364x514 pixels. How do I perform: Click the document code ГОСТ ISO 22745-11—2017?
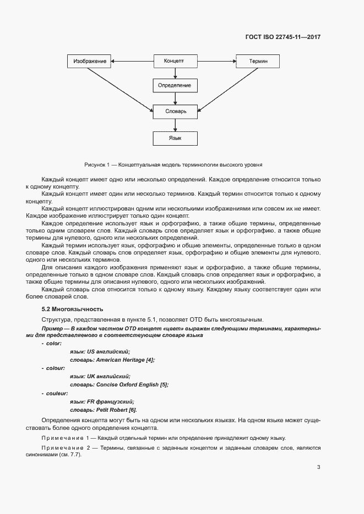click(282, 37)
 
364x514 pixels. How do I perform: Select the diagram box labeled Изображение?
click(90, 61)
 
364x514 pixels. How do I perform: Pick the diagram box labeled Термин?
click(258, 61)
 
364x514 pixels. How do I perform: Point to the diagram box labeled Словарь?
click(176, 111)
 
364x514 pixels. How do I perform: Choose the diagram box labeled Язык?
click(175, 138)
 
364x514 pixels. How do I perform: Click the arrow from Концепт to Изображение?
click(132, 61)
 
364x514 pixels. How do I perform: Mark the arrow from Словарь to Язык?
click(175, 125)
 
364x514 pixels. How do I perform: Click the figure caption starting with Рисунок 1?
click(173, 164)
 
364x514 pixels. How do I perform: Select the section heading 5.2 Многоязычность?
click(72, 309)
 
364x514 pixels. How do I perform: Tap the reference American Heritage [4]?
click(125, 360)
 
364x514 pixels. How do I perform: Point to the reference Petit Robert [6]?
click(116, 410)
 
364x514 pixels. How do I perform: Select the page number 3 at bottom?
click(318, 467)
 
